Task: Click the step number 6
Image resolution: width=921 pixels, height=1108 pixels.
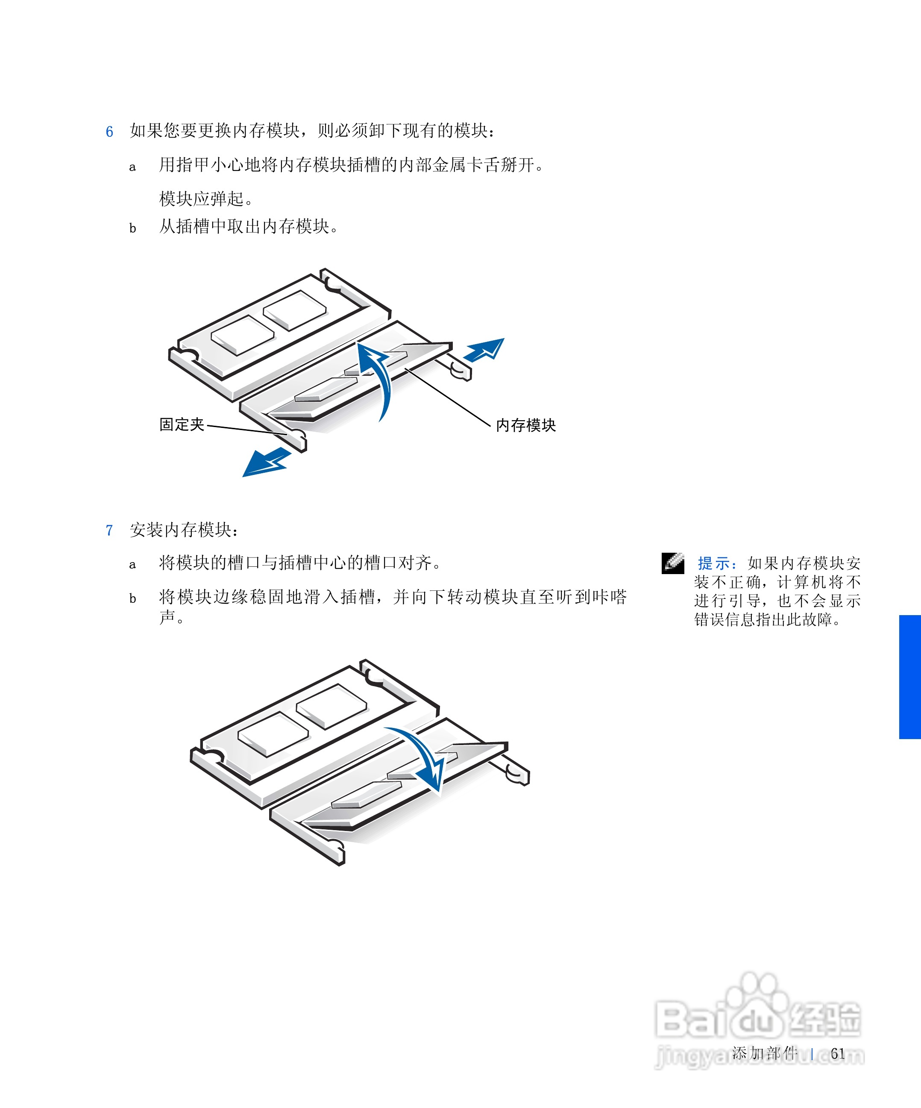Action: point(109,131)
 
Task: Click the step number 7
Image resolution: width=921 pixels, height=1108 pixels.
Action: point(109,530)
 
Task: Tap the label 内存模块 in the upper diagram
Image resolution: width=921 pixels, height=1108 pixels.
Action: point(525,425)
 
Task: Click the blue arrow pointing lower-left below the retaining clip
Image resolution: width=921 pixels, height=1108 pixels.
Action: point(266,463)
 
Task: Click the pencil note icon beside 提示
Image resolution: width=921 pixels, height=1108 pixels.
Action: point(673,563)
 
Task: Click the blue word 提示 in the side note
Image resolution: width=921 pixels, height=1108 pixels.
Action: point(714,563)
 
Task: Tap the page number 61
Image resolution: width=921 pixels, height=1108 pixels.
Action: point(838,1054)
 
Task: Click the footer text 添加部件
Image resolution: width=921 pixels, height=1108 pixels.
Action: point(764,1053)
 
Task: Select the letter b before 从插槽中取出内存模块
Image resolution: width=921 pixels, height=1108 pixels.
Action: point(133,228)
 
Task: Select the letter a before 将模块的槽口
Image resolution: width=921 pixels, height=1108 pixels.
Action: point(133,565)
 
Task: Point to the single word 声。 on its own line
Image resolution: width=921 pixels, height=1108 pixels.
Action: point(171,617)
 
